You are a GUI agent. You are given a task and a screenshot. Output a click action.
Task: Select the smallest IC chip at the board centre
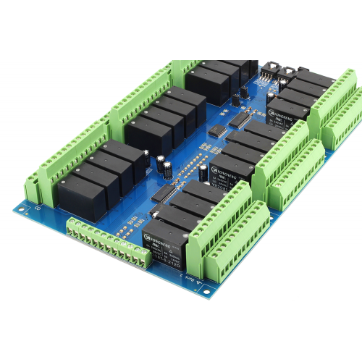(x=216, y=131)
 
